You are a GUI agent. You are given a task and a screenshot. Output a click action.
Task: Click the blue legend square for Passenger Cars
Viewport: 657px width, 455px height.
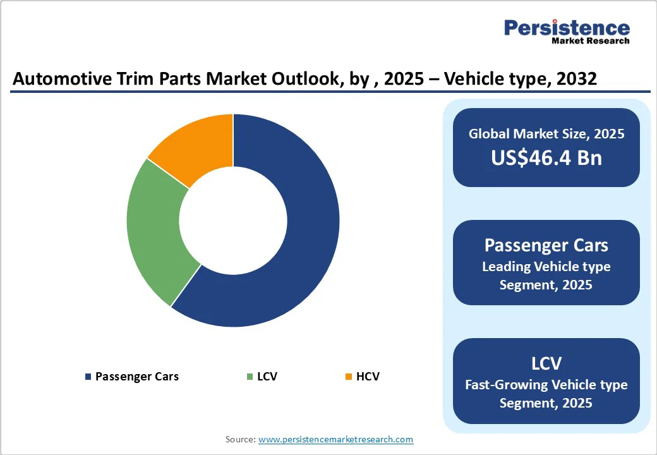(88, 377)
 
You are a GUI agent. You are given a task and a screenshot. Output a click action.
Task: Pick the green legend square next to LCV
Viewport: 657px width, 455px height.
(250, 377)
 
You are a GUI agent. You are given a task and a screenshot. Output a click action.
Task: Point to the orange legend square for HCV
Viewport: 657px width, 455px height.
(348, 377)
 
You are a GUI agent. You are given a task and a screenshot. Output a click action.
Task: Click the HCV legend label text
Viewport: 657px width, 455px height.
(368, 377)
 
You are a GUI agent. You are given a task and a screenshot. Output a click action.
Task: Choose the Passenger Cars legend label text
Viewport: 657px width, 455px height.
(136, 377)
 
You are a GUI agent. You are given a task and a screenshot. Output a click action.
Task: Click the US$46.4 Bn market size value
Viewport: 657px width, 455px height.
(546, 157)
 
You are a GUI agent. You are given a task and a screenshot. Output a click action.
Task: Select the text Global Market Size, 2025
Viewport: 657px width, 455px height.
(546, 134)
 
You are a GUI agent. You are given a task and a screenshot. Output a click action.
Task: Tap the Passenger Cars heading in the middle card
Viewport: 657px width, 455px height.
(546, 245)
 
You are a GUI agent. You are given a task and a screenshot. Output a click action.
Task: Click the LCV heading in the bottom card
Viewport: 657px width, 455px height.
(546, 363)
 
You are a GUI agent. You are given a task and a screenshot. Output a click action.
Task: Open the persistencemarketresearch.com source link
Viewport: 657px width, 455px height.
(335, 439)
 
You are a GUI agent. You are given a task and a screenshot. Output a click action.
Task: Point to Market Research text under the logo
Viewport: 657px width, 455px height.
(591, 41)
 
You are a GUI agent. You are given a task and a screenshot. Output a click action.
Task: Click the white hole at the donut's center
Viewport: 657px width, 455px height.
(233, 220)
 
